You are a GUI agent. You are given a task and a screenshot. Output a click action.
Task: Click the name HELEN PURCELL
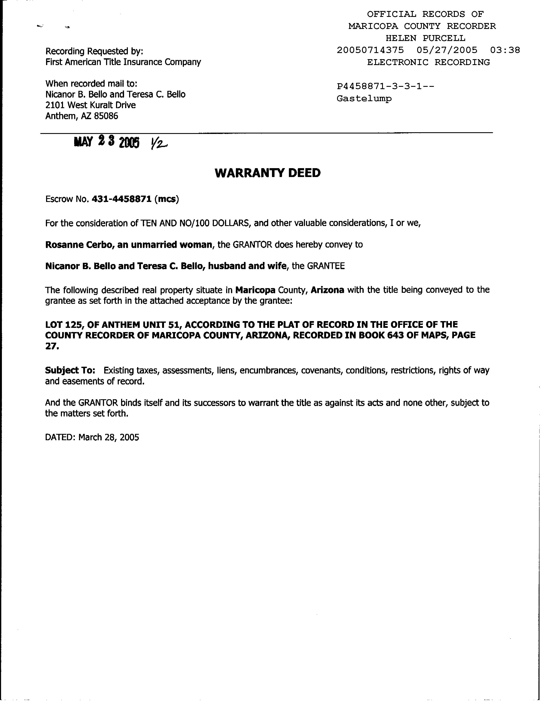pos(425,38)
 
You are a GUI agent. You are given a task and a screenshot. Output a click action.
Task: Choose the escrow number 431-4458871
pos(122,199)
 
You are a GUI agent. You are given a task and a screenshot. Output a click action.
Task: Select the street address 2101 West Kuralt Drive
pos(90,105)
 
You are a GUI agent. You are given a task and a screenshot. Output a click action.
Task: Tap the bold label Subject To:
pos(70,370)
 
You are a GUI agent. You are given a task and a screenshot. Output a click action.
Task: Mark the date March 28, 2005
pos(109,437)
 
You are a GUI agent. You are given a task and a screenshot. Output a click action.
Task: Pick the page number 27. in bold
pos(52,346)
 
